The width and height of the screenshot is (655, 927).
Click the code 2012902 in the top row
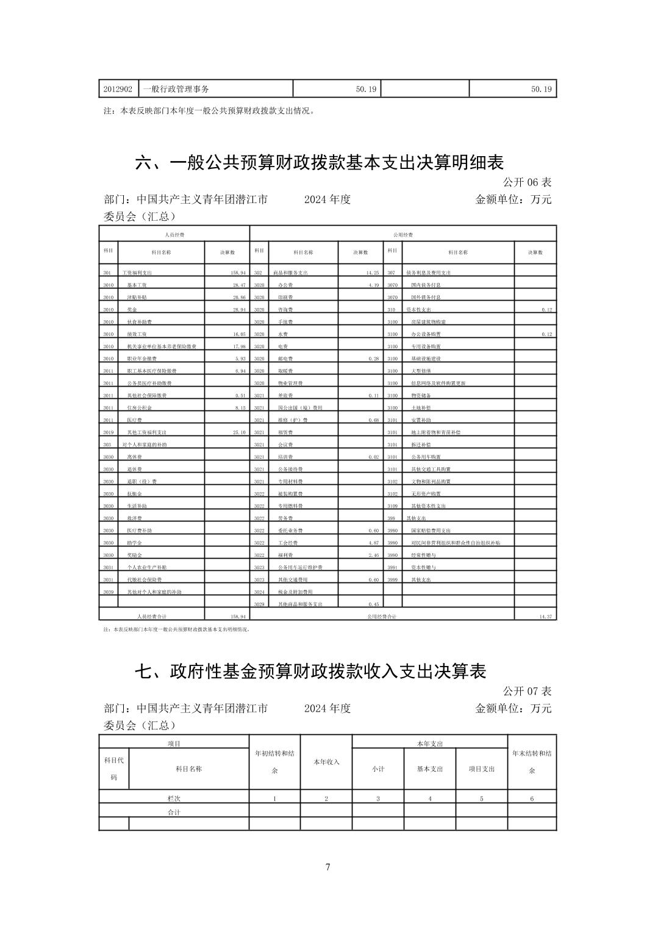[118, 89]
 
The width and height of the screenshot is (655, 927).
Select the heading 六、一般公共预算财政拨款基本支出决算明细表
[319, 163]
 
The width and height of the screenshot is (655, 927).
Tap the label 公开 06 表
[527, 182]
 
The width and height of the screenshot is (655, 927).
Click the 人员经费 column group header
[174, 234]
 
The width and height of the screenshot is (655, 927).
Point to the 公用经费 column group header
[403, 234]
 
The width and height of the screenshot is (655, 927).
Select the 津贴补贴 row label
[137, 298]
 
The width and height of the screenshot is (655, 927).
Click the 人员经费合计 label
[150, 617]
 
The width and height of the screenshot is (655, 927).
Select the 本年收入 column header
[326, 762]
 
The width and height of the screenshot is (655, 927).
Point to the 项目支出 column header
[482, 768]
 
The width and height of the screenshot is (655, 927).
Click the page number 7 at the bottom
[327, 867]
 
